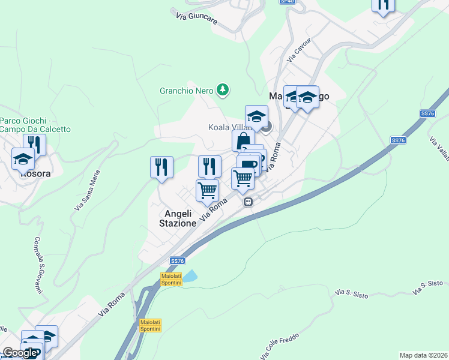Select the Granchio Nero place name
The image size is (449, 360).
(186, 91)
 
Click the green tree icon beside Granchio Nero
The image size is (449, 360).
(223, 90)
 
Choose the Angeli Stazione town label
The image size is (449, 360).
(178, 218)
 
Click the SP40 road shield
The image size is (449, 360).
(288, 2)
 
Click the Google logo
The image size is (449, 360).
(20, 353)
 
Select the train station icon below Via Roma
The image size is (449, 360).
(248, 203)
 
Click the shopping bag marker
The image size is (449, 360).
(243, 142)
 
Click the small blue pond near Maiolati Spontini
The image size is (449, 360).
(189, 276)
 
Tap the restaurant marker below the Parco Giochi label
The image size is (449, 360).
(34, 145)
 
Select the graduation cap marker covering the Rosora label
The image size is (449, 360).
(23, 158)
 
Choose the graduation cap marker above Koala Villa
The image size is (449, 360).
(256, 116)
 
